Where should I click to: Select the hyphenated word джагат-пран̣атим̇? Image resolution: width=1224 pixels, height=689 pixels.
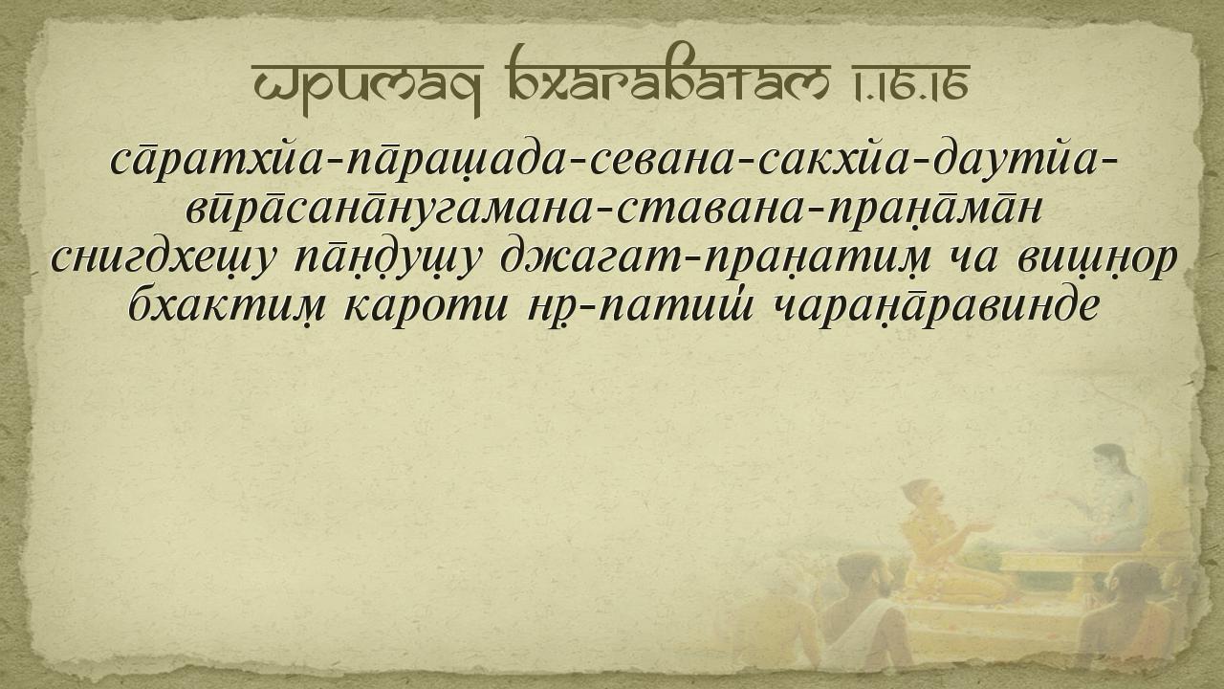pos(708,258)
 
